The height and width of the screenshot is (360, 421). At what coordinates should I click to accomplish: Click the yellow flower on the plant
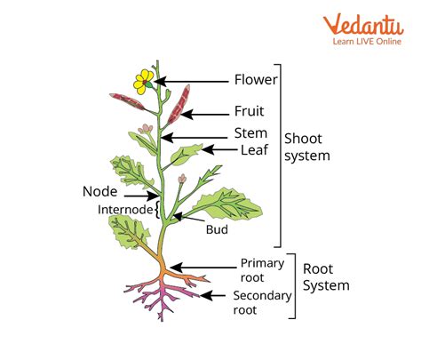click(x=144, y=82)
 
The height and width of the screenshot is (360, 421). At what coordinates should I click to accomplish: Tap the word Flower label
click(x=256, y=80)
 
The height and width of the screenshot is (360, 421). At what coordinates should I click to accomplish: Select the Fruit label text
click(x=249, y=111)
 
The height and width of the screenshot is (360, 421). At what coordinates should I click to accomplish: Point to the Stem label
click(x=250, y=133)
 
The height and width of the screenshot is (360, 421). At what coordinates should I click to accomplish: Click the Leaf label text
click(x=254, y=150)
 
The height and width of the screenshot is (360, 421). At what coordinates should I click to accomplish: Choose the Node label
click(x=99, y=191)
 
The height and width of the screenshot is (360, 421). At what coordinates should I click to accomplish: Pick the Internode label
click(x=125, y=210)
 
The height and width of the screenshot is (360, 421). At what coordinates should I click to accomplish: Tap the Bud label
click(x=217, y=229)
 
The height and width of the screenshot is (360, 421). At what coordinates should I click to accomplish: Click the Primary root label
click(x=262, y=270)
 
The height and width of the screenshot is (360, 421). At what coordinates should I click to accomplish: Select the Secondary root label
click(x=262, y=302)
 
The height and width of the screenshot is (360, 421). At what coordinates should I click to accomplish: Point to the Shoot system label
click(x=307, y=147)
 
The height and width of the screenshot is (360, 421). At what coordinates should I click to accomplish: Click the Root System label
click(x=326, y=277)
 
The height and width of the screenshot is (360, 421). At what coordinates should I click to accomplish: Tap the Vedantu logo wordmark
click(x=363, y=24)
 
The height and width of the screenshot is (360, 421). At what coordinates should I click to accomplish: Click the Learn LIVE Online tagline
click(x=367, y=41)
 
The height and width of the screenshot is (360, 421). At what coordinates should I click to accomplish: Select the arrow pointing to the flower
click(x=191, y=81)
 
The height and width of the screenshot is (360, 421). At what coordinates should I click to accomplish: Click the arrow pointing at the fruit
click(x=205, y=114)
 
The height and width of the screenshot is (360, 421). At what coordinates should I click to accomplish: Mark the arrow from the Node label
click(x=142, y=196)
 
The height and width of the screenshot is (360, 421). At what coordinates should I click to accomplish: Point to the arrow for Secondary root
click(x=212, y=295)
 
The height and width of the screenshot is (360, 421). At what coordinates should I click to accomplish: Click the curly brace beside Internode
click(x=157, y=210)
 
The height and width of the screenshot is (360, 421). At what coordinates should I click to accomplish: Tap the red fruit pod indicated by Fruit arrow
click(x=179, y=104)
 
